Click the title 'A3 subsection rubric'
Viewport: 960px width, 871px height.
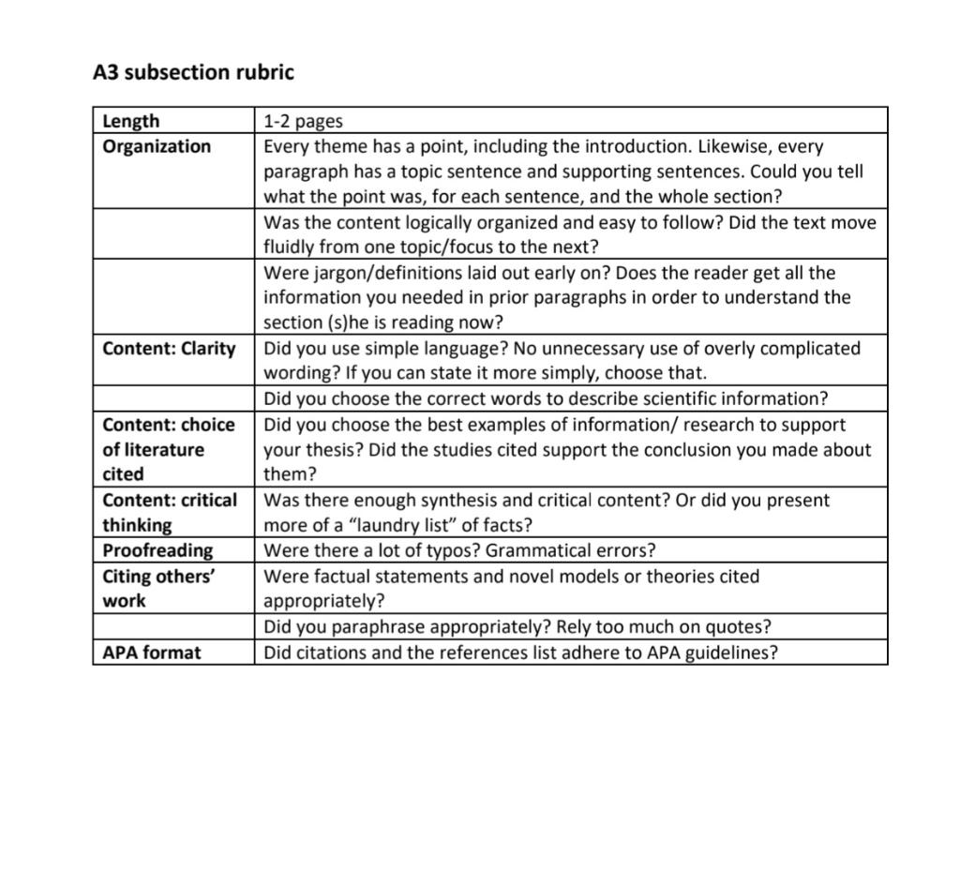193,72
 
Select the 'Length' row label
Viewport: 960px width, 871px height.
130,121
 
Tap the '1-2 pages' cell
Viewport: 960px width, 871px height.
303,121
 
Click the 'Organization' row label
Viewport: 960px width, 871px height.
157,146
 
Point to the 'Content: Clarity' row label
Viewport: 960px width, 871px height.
169,349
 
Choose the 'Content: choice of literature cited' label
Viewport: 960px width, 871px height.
169,449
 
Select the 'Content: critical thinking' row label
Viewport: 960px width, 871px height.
170,512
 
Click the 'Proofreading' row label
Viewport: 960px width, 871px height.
157,550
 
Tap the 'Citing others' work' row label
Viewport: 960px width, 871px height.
158,589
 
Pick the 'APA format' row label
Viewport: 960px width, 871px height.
151,653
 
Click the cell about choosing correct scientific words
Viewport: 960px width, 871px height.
546,398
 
